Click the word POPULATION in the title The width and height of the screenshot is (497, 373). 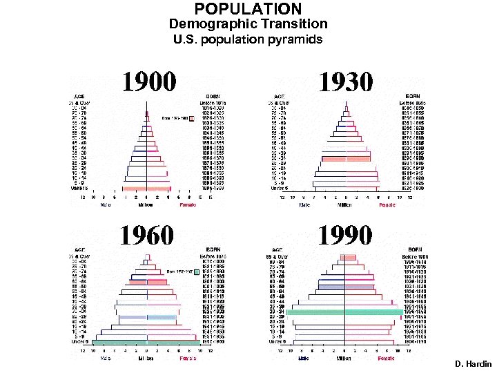pyautogui.click(x=248, y=9)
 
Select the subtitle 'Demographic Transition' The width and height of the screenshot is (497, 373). pyautogui.click(x=248, y=23)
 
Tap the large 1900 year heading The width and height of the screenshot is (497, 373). pyautogui.click(x=149, y=82)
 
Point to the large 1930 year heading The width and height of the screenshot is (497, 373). pyautogui.click(x=345, y=82)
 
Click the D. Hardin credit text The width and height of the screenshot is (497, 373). pyautogui.click(x=473, y=363)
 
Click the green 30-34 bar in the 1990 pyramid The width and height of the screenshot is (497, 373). pyautogui.click(x=344, y=312)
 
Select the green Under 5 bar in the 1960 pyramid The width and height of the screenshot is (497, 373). pyautogui.click(x=146, y=342)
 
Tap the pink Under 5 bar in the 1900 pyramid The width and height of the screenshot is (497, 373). pyautogui.click(x=146, y=188)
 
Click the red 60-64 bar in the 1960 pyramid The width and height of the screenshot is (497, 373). pyautogui.click(x=146, y=282)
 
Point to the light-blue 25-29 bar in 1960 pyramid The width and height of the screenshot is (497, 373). pyautogui.click(x=146, y=317)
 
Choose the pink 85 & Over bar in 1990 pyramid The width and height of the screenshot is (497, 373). pyautogui.click(x=348, y=257)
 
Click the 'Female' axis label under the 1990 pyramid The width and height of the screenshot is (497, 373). pyautogui.click(x=387, y=358)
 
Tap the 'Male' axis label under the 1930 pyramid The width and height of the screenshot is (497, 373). pyautogui.click(x=302, y=205)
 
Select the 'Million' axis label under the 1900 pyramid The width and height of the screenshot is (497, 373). pyautogui.click(x=145, y=205)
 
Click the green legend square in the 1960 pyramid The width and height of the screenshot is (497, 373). pyautogui.click(x=195, y=271)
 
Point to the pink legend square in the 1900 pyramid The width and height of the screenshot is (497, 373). pyautogui.click(x=192, y=118)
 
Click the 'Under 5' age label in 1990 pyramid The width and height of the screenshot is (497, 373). pyautogui.click(x=277, y=341)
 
